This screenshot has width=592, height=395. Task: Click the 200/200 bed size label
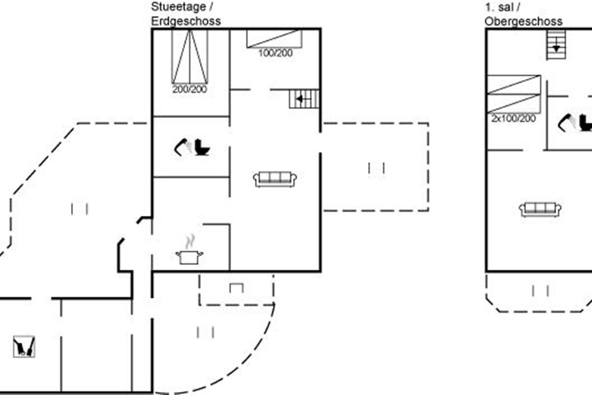pos(189,89)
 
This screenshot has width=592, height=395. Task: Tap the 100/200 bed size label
pos(275,53)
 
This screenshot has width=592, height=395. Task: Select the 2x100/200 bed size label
pos(513,118)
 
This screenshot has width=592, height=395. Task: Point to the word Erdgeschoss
pos(186,21)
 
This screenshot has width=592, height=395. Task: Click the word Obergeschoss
pos(523,21)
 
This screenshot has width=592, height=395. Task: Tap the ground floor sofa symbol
pos(275,179)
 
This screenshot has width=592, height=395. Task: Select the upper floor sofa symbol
pos(540,209)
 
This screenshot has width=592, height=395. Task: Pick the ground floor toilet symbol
pos(201,147)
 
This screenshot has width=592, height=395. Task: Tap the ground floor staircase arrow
pos(299,99)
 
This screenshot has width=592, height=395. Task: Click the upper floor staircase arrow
pos(556,47)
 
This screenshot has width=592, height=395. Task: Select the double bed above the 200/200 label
pos(190,57)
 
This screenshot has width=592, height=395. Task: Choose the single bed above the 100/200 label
pos(274,39)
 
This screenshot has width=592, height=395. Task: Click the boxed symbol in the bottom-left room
pos(24,346)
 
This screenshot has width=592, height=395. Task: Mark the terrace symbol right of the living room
pos(376,168)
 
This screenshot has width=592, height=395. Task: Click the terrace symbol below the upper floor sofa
pos(541,291)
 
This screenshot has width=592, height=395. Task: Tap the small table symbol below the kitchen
pos(237,287)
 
